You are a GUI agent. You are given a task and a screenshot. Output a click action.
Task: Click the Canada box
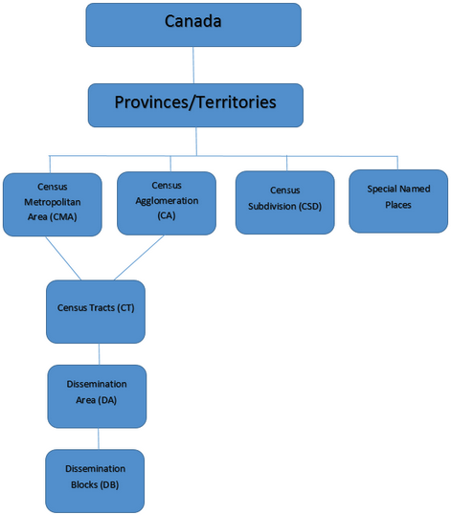point(193,25)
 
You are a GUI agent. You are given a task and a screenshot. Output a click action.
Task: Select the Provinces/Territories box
point(195,105)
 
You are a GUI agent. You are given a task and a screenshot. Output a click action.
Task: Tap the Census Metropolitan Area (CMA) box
point(53,205)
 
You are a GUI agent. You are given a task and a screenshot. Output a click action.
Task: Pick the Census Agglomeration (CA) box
point(167,203)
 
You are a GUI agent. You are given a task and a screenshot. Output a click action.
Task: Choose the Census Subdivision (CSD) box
point(285,202)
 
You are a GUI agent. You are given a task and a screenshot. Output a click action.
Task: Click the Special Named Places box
point(398,201)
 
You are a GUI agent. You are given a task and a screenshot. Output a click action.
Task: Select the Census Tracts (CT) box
point(96,312)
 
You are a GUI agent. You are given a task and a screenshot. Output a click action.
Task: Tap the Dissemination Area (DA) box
point(97,396)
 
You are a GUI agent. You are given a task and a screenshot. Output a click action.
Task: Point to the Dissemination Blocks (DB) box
point(95,481)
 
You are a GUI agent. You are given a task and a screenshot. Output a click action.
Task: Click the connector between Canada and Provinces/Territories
point(193,65)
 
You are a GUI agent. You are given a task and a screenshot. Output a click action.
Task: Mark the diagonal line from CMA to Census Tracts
point(63,258)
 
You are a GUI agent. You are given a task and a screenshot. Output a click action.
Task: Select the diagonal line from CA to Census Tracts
point(139,257)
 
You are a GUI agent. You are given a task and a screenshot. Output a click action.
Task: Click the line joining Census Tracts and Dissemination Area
point(100,354)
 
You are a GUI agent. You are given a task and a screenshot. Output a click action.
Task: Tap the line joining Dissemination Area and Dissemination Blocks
point(99,438)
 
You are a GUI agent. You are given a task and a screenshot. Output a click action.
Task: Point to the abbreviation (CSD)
point(310,207)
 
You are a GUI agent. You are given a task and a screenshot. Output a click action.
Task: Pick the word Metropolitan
point(53,202)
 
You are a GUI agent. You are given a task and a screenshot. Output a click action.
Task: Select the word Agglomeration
point(167,201)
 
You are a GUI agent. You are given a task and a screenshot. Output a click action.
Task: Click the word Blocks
point(84,484)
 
